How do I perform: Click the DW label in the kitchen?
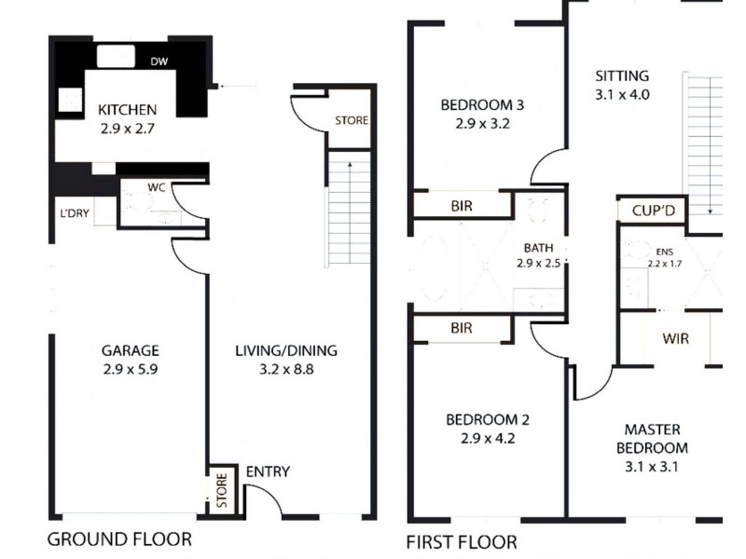(159, 61)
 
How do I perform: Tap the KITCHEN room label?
(127, 110)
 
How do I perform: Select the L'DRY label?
(75, 212)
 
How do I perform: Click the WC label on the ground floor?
(155, 187)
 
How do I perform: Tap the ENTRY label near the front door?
(268, 472)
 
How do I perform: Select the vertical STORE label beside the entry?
(221, 490)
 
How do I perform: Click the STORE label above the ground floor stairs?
(352, 120)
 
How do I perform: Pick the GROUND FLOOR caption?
(119, 539)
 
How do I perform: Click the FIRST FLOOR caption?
(462, 541)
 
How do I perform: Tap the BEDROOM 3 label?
(482, 104)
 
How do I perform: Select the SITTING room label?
(622, 76)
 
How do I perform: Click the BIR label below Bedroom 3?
(461, 206)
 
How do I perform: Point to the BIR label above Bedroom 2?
(461, 328)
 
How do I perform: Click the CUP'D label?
(652, 211)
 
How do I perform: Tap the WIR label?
(676, 338)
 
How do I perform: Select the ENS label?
(664, 252)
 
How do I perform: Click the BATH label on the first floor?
(538, 248)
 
